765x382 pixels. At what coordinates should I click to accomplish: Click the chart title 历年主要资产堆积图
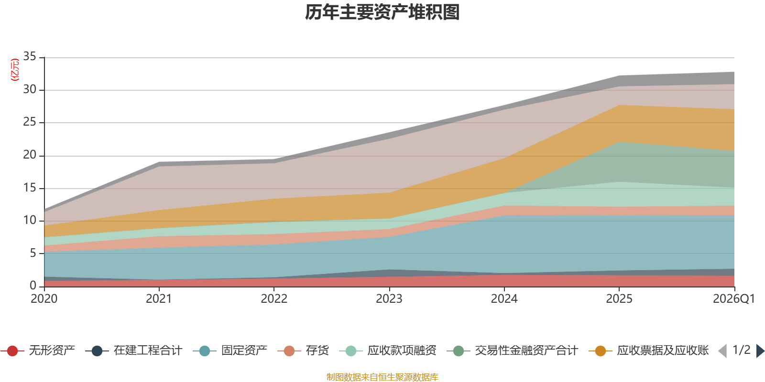[x=382, y=12]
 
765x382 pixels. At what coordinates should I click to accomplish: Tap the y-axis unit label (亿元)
[x=15, y=70]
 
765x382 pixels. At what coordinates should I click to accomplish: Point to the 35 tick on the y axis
[x=30, y=57]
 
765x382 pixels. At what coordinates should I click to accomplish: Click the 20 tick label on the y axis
[x=30, y=155]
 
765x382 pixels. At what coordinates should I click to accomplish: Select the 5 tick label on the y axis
[x=33, y=253]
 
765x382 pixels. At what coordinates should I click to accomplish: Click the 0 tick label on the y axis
[x=33, y=286]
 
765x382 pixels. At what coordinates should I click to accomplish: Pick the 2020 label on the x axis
[x=44, y=299]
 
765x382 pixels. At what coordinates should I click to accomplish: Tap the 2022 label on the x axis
[x=274, y=299]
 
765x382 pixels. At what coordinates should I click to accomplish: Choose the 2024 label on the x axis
[x=504, y=299]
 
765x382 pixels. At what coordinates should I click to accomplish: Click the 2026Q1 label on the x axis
[x=733, y=299]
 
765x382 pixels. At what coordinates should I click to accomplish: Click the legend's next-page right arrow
[x=760, y=351]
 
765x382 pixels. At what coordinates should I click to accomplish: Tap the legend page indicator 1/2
[x=741, y=350]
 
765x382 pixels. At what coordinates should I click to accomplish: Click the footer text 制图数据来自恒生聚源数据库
[x=382, y=377]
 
